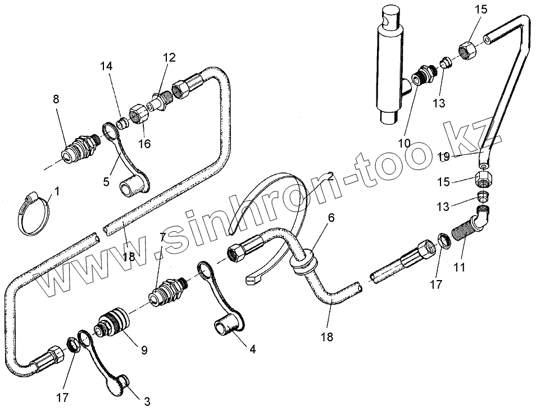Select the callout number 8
(x=56, y=99)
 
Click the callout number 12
(x=169, y=57)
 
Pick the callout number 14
(x=107, y=66)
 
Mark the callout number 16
(x=144, y=144)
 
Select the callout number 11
(x=460, y=268)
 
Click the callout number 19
(x=443, y=157)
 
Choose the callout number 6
(x=331, y=217)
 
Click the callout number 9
(x=144, y=350)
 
